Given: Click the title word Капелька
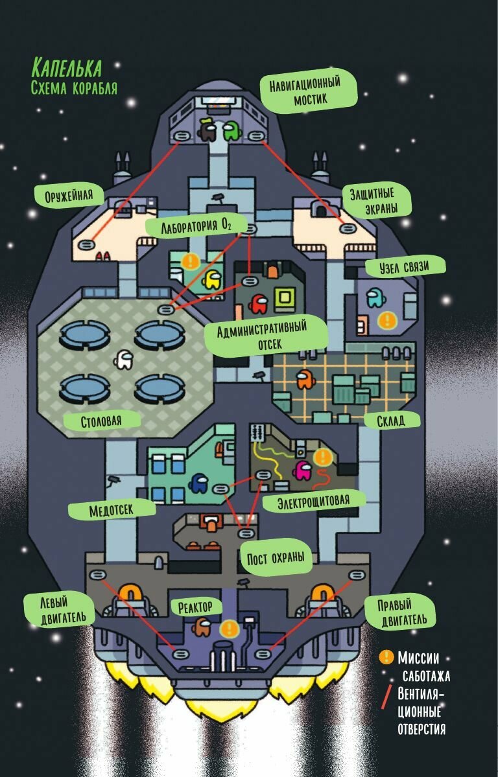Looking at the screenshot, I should click(67, 67).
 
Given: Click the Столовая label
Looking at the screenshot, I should click(102, 421).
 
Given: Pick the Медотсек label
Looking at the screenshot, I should click(112, 510).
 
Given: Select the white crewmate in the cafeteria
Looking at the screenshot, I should click(124, 359).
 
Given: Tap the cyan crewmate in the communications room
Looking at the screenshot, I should click(374, 298).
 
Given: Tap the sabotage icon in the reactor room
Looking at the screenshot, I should click(229, 628).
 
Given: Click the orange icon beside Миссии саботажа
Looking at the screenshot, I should click(386, 657).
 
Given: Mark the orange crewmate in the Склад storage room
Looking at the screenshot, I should click(304, 379).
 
